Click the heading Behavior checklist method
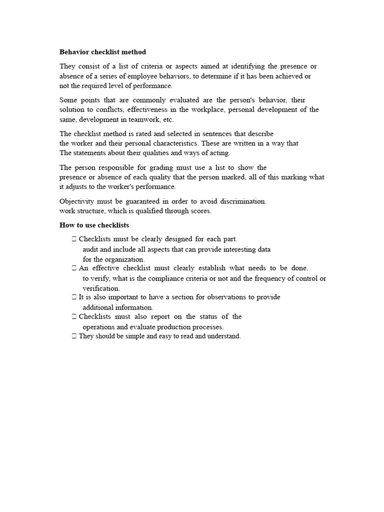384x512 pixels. (102, 52)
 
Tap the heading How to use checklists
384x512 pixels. (94, 225)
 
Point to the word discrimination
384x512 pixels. (241, 201)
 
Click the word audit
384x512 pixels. (91, 249)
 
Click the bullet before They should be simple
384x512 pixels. (74, 336)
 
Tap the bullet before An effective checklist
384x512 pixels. (74, 268)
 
